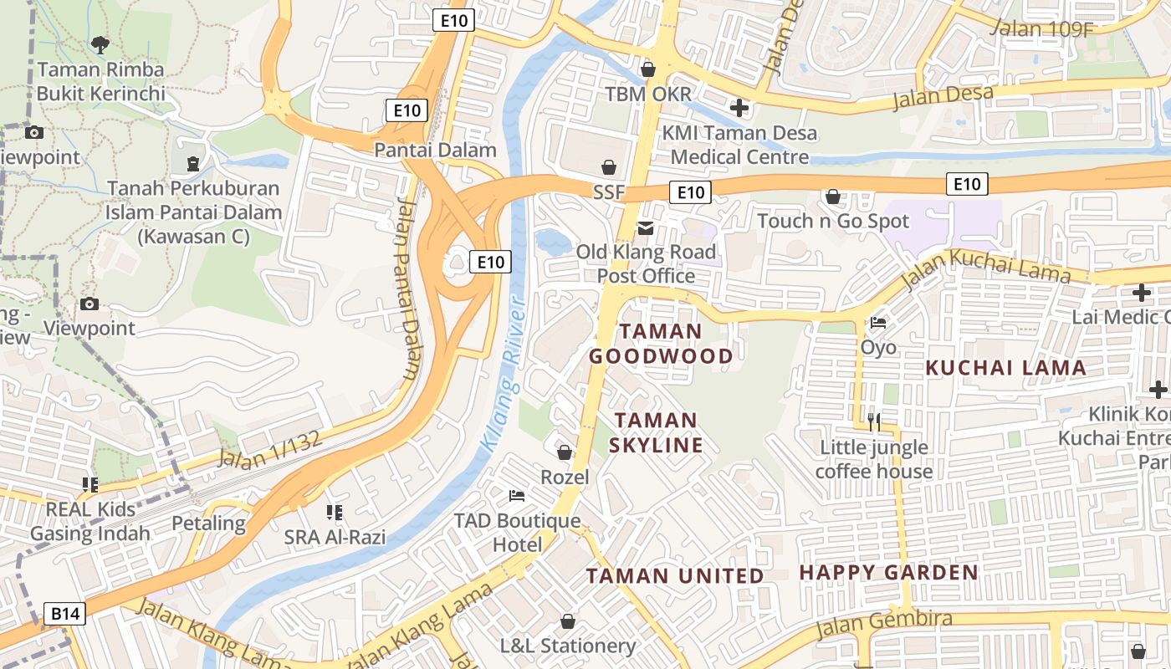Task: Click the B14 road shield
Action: coord(64,615)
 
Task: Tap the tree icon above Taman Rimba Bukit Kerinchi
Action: coord(100,43)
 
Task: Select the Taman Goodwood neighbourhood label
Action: coord(661,344)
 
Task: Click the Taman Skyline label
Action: coord(656,432)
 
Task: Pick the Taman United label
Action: coord(674,575)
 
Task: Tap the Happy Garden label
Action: coord(889,573)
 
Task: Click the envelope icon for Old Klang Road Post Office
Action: coord(646,227)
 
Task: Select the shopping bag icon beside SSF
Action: coord(609,167)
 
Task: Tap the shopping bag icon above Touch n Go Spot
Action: coord(833,197)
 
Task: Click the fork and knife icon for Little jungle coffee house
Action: coord(874,422)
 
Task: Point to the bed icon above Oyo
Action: coord(878,322)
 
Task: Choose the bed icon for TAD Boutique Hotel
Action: coord(517,496)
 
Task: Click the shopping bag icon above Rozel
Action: coord(565,452)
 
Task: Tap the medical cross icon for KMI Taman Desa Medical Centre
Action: coord(739,107)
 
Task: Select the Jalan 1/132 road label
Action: coord(269,450)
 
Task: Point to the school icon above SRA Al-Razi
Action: coord(335,512)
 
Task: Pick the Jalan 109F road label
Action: coord(1042,28)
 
